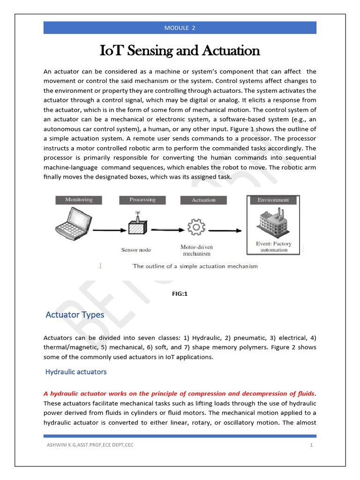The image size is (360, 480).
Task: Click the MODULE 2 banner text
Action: (x=180, y=28)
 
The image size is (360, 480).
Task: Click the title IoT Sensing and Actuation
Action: (x=180, y=51)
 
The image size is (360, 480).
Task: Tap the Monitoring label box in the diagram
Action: (x=79, y=200)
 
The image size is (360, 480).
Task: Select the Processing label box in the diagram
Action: (x=142, y=200)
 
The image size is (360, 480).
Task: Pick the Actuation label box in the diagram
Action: (x=203, y=200)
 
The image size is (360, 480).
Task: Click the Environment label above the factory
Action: (x=273, y=200)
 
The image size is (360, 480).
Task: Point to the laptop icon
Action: (x=73, y=225)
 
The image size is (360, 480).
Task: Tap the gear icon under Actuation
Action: (x=196, y=227)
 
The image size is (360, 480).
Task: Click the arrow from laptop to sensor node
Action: (x=111, y=230)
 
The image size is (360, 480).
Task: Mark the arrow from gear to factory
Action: (x=225, y=230)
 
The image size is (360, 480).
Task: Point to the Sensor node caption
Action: (x=136, y=250)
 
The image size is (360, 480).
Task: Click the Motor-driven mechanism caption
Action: (x=197, y=250)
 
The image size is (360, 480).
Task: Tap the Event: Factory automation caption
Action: (x=274, y=247)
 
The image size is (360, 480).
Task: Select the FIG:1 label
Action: (x=180, y=294)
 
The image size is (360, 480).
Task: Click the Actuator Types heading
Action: (x=75, y=315)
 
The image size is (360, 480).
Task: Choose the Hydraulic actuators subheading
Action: (x=76, y=372)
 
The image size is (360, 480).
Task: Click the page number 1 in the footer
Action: (x=311, y=445)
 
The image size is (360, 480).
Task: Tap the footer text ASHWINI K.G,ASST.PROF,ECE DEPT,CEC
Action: (x=89, y=445)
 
